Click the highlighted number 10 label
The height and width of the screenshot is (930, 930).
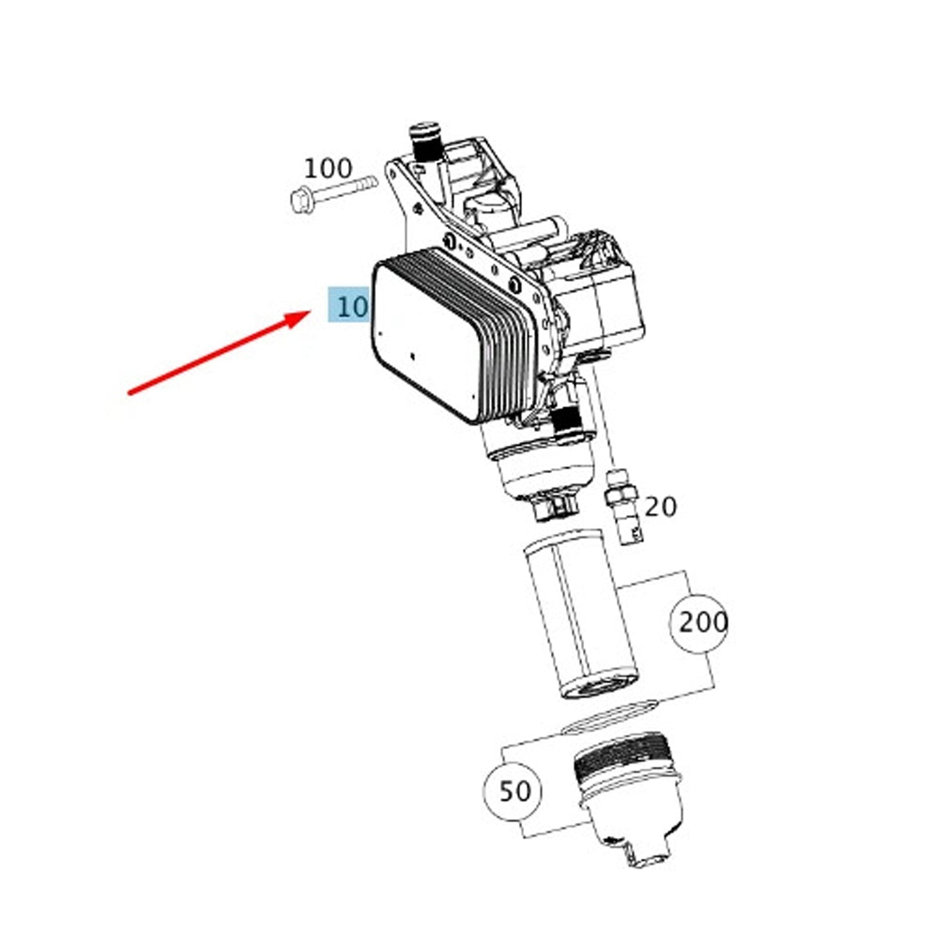[x=348, y=304]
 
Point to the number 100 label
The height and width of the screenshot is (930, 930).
[x=328, y=169]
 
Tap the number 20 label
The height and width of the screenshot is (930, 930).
[x=660, y=507]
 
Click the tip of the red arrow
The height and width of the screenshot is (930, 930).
[x=310, y=312]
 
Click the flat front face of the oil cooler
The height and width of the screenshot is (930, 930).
[x=425, y=340]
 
